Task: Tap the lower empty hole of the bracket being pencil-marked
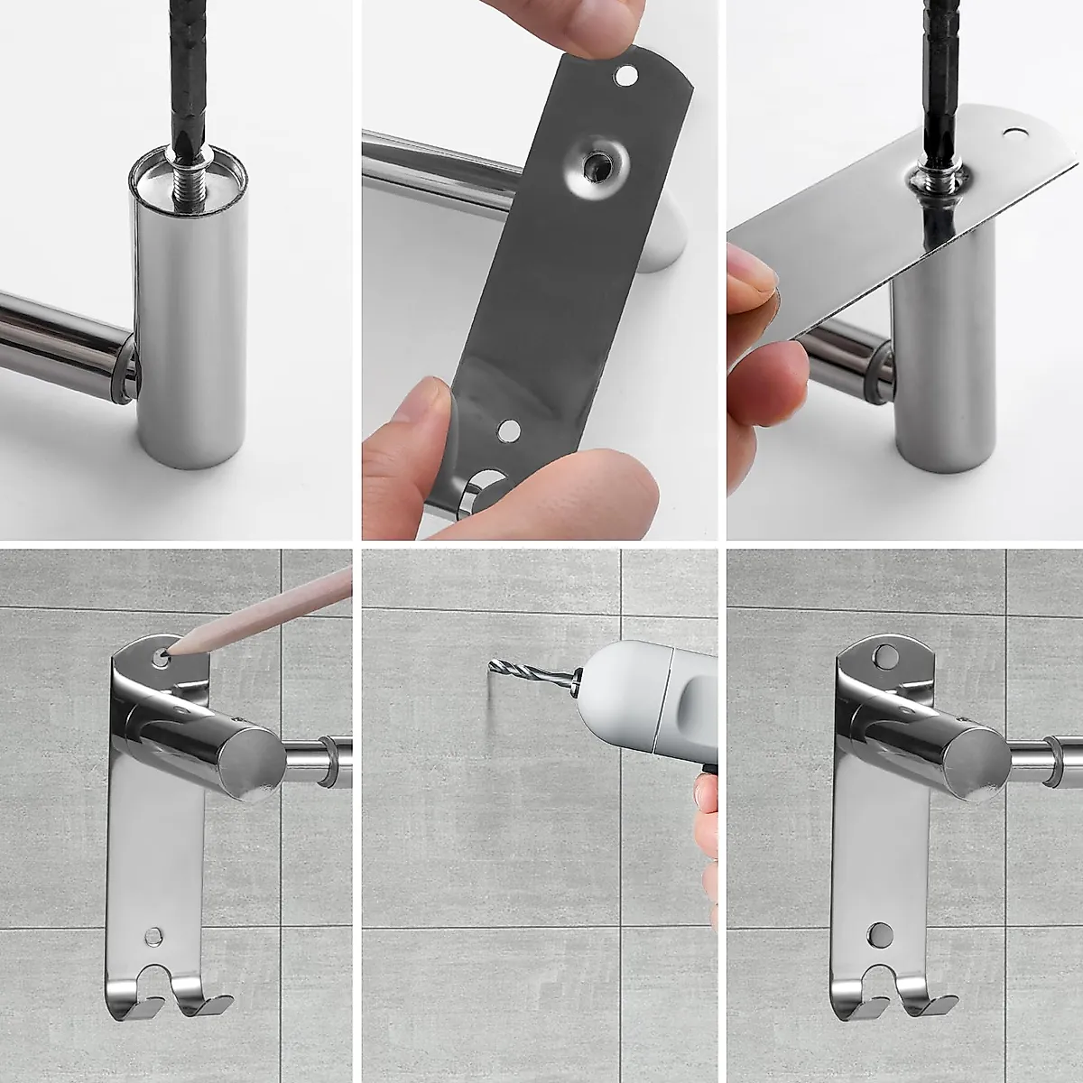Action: [x=153, y=935]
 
